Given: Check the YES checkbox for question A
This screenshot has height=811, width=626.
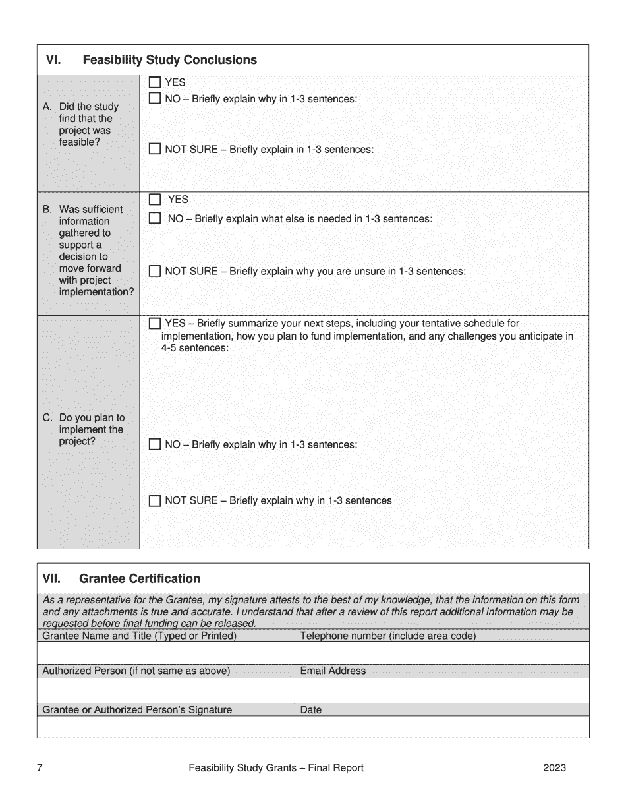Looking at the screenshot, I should point(155,83).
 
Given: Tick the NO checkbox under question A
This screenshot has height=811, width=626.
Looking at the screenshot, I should point(155,98).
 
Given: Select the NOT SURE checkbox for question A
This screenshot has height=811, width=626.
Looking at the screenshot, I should point(155,149).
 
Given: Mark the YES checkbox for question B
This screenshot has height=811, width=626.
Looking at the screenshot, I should point(155,199).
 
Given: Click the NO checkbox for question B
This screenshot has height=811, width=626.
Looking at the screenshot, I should point(155,218).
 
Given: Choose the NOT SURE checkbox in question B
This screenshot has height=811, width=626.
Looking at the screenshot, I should point(155,271).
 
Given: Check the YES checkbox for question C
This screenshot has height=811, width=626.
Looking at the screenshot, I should point(155,324).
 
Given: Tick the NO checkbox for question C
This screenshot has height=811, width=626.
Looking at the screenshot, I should point(155,444).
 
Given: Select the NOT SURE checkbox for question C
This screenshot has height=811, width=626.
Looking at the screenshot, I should point(155,500).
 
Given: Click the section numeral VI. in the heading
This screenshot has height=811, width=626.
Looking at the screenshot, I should point(53,60).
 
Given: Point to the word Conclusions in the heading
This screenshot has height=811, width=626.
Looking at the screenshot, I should point(220,60).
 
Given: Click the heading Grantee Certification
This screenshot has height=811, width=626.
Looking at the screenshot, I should point(139,579).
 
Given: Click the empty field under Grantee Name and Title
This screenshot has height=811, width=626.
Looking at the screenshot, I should point(166,653).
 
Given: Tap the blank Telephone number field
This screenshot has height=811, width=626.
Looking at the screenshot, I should point(441,653).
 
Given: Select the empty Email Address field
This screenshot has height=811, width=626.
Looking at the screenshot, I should point(441,690).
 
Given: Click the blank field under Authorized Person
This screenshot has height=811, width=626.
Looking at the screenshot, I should point(166,690).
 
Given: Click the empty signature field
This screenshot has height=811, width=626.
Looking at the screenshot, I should point(166,727).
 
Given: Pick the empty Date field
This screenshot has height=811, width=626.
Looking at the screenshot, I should point(441,727).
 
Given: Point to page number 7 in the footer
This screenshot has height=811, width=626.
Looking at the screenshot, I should point(40,767).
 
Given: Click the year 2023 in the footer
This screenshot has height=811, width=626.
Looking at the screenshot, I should point(554,767).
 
